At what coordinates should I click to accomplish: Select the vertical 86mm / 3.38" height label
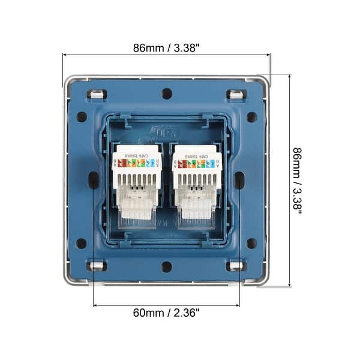[x=297, y=180]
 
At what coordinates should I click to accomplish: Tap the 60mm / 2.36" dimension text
[x=166, y=313]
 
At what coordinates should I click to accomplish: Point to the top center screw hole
[x=167, y=94]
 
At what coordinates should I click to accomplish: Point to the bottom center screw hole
[x=167, y=266]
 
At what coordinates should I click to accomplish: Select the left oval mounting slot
[x=94, y=179]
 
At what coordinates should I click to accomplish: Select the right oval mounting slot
[x=239, y=179]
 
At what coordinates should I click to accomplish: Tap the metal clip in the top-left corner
[x=97, y=94]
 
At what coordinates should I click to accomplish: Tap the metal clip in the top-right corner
[x=236, y=94]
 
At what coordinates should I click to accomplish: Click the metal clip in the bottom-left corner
[x=97, y=265]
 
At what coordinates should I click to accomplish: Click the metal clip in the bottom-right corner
[x=236, y=265]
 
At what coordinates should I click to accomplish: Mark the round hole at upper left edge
[x=82, y=117]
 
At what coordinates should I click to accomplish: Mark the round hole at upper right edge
[x=252, y=117]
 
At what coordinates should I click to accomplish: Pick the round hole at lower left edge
[x=82, y=243]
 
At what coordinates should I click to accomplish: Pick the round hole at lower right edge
[x=252, y=243]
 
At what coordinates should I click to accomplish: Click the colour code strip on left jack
[x=137, y=163]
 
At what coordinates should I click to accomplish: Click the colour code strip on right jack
[x=197, y=163]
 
